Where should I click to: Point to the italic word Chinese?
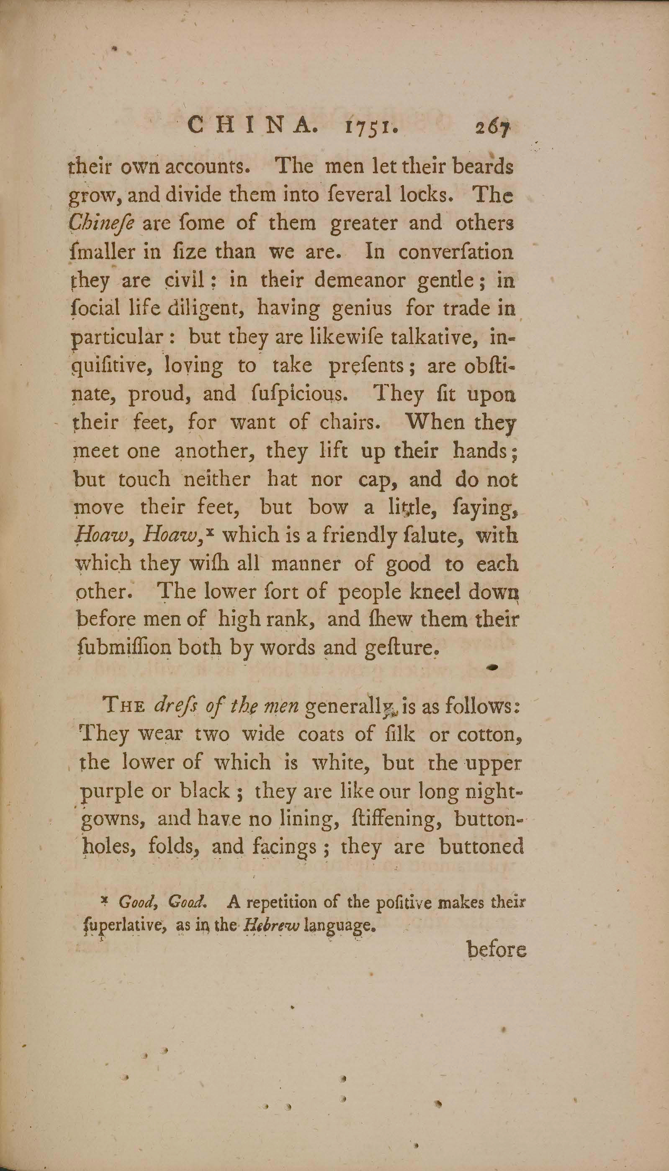point(100,224)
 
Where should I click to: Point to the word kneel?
point(434,592)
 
